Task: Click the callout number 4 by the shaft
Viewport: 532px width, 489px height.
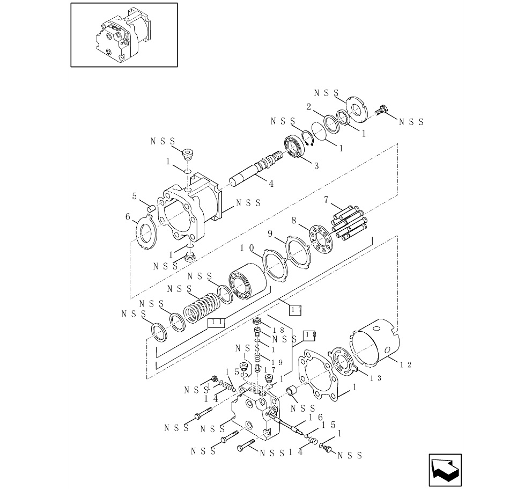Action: pos(271,184)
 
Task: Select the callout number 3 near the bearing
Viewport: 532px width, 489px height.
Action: pos(316,166)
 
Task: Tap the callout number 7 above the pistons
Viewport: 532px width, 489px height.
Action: pos(326,200)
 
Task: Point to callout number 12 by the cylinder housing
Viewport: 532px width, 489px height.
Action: pos(406,365)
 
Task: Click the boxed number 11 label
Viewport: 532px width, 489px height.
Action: pos(217,322)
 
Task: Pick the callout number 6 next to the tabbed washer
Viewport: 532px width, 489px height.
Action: pos(128,216)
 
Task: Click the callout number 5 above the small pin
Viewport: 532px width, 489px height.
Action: pos(135,196)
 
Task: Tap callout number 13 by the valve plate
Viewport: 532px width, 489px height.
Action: pos(375,378)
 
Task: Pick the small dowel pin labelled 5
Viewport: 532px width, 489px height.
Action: pos(151,207)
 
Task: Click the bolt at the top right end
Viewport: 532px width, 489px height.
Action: pos(382,110)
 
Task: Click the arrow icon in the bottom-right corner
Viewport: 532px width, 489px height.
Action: pos(445,470)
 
